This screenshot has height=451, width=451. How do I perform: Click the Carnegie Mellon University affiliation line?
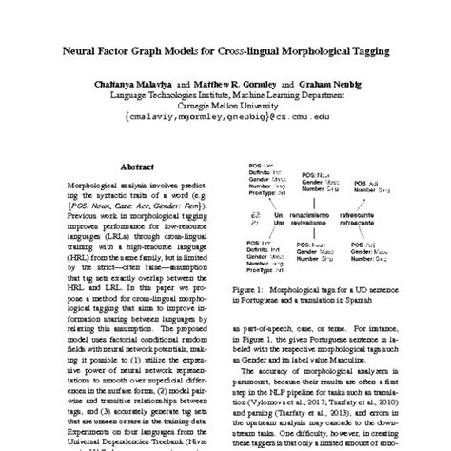click(225, 108)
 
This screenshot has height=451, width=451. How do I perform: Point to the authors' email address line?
click(225, 123)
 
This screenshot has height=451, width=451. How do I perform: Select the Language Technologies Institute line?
click(225, 96)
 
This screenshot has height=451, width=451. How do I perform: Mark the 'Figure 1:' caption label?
click(251, 289)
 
